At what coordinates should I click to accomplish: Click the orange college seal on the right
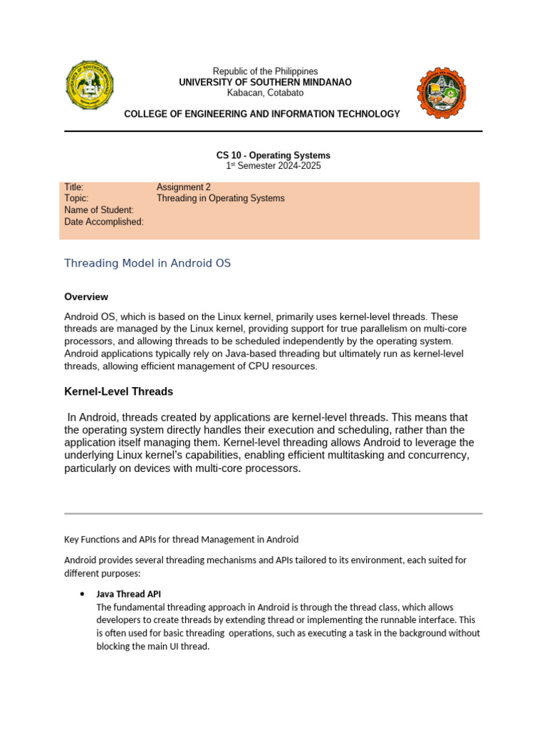(x=442, y=93)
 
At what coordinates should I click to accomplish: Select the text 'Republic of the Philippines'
(x=265, y=71)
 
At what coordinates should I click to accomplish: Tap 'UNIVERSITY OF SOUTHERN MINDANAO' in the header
(x=265, y=82)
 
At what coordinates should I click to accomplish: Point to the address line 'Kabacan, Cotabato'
(x=265, y=93)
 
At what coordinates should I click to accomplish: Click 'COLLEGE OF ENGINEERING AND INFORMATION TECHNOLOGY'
(x=262, y=114)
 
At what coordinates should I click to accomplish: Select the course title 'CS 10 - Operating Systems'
(x=273, y=155)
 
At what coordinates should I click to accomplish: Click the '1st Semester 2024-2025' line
(x=273, y=166)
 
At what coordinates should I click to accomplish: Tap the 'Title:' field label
(x=74, y=187)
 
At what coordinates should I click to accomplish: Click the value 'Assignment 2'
(x=184, y=187)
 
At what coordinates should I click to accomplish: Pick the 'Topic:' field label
(x=76, y=199)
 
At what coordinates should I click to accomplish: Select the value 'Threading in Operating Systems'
(x=220, y=199)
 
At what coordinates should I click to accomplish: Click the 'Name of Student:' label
(x=99, y=210)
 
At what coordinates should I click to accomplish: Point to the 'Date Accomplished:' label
(x=104, y=222)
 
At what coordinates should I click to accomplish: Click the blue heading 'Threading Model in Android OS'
(x=147, y=263)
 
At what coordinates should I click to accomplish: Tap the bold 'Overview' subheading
(x=86, y=297)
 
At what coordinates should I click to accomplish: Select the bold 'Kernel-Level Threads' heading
(x=118, y=391)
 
